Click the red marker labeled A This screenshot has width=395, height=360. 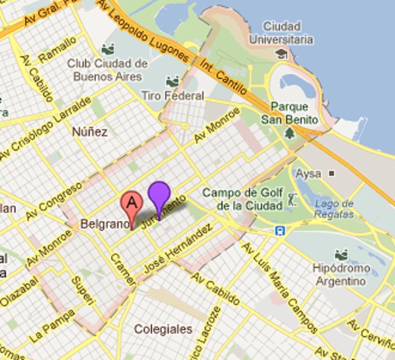pyautogui.click(x=132, y=203)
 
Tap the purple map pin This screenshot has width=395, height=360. pyautogui.click(x=159, y=194)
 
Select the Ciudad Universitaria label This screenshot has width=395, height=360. pyautogui.click(x=288, y=33)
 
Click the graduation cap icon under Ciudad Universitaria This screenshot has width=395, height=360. pyautogui.click(x=281, y=53)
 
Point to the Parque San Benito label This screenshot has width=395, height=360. pyautogui.click(x=290, y=113)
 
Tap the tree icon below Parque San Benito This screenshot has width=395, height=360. pyautogui.click(x=290, y=133)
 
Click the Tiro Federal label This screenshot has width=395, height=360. pyautogui.click(x=172, y=95)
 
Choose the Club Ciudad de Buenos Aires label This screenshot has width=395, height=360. pyautogui.click(x=107, y=70)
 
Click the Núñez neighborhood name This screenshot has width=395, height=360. pyautogui.click(x=89, y=132)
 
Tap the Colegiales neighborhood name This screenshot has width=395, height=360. pyautogui.click(x=163, y=329)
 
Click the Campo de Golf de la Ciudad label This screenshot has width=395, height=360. pyautogui.click(x=241, y=199)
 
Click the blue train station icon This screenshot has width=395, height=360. pyautogui.click(x=279, y=230)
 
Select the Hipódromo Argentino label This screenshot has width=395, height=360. pyautogui.click(x=342, y=274)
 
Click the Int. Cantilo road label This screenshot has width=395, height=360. pyautogui.click(x=224, y=77)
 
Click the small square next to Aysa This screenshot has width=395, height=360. pyautogui.click(x=332, y=174)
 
